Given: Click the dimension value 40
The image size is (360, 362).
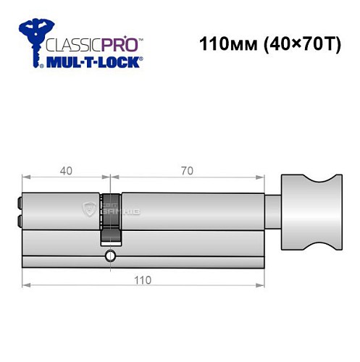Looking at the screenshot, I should pyautogui.click(x=66, y=172).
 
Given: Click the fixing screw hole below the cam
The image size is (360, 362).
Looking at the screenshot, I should pyautogui.click(x=109, y=255).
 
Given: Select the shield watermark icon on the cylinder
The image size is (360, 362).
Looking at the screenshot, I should pyautogui.click(x=90, y=211).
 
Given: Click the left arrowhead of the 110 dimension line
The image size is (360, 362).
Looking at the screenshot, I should pyautogui.click(x=26, y=291).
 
